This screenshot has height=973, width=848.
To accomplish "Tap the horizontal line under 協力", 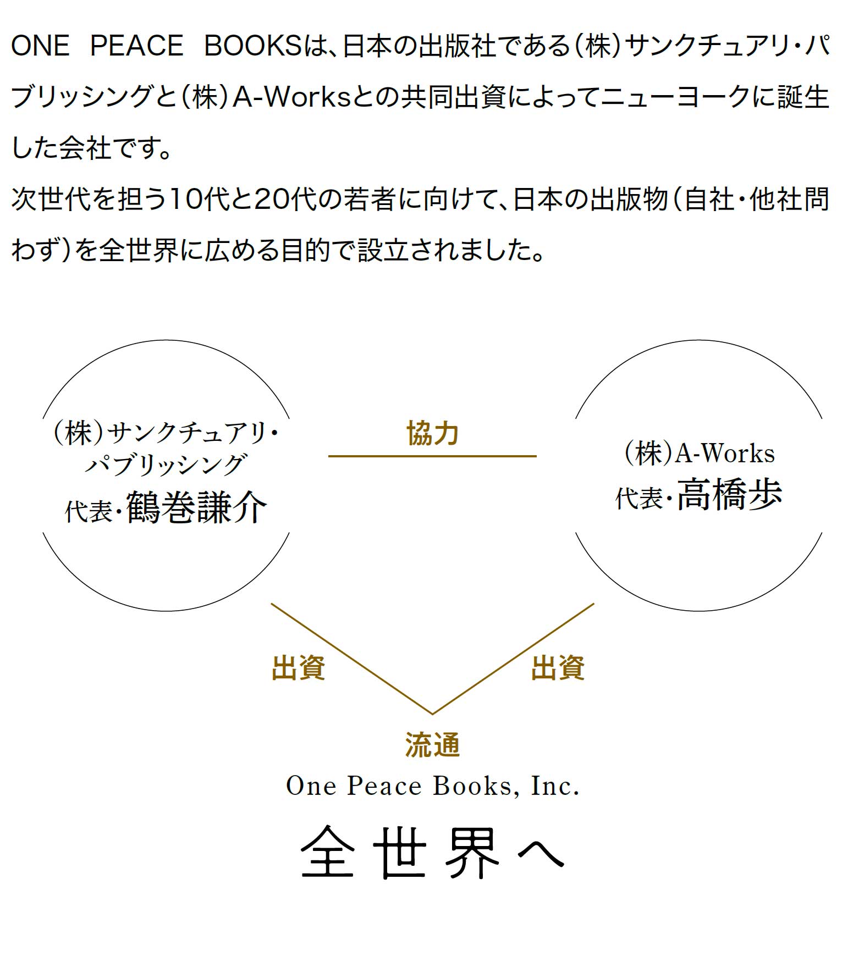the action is [432, 456].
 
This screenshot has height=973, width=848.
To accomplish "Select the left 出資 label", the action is [299, 668].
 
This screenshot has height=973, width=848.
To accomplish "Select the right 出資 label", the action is [558, 668].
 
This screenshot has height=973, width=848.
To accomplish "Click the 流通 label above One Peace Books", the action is [432, 745].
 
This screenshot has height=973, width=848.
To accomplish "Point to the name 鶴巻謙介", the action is [197, 507].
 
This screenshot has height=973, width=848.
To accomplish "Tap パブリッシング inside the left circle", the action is [165, 465].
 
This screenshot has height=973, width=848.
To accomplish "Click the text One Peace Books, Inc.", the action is [433, 786].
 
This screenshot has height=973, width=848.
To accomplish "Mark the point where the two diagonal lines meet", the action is [432, 714].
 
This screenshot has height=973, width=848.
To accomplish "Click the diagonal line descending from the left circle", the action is [351, 659].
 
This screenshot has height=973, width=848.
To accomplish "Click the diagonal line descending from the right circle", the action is [513, 659].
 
